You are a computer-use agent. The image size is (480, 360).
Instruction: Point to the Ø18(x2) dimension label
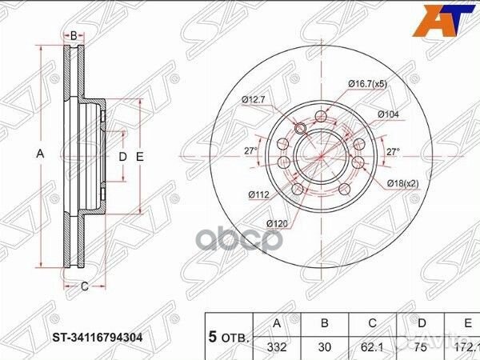402,183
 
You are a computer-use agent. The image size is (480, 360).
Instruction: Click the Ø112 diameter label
258,194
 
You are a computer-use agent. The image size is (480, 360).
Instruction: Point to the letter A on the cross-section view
39,154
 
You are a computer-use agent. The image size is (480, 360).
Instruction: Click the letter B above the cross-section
74,35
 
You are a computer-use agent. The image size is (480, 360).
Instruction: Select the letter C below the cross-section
82,284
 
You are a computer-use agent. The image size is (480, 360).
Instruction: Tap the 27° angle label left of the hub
250,150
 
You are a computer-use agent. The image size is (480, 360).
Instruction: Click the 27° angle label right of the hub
393,150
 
